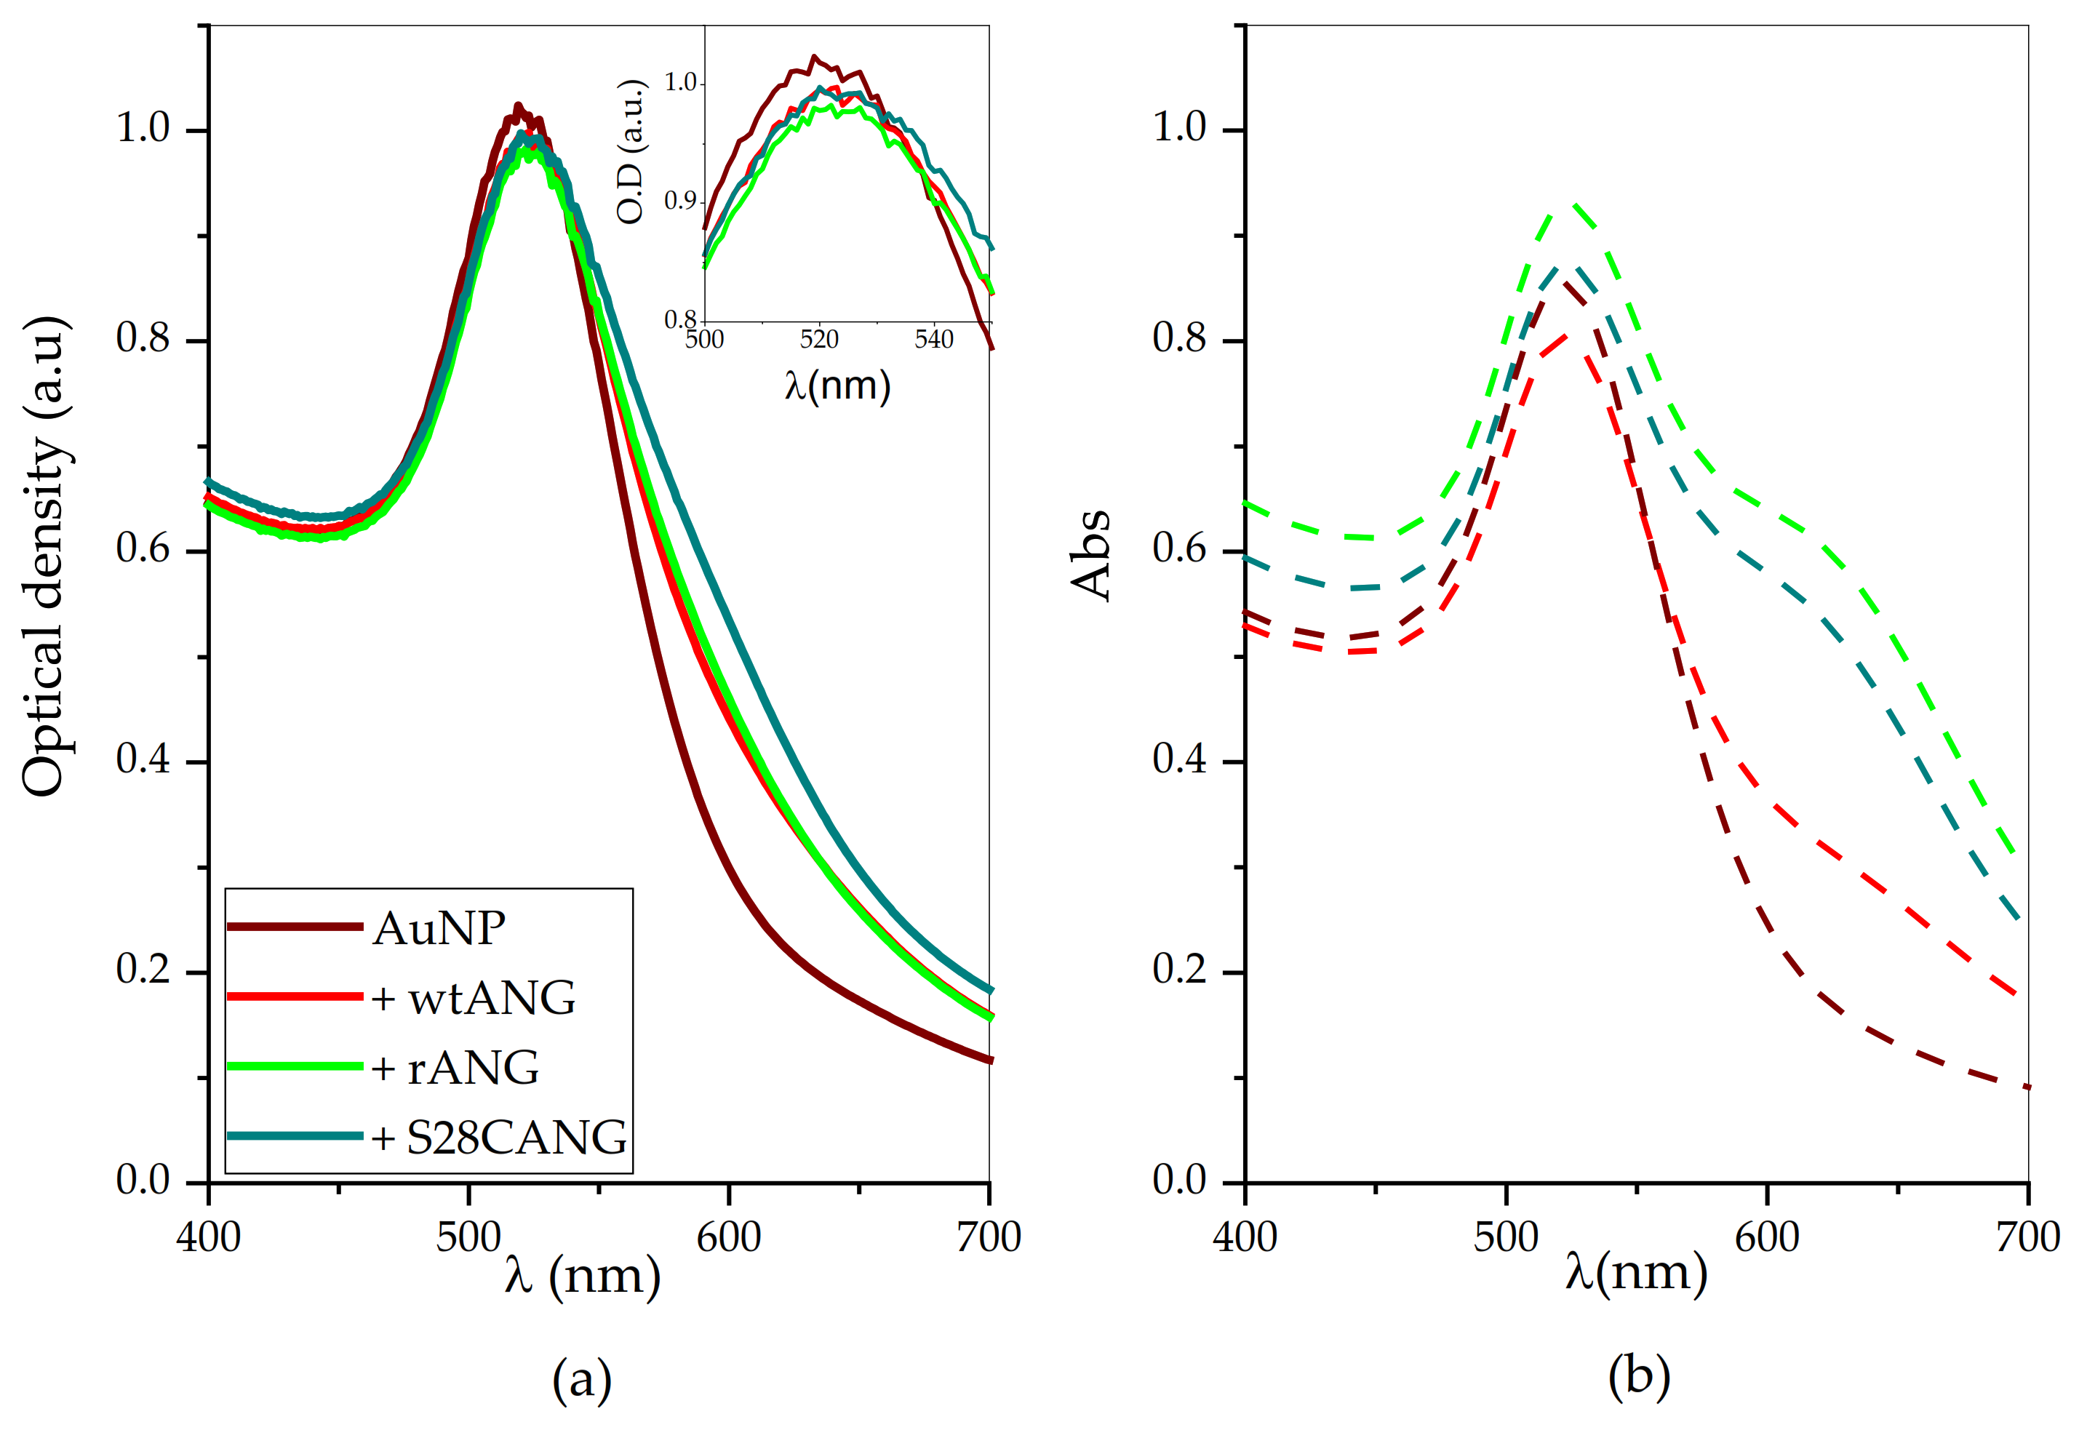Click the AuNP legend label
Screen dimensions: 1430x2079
pos(439,928)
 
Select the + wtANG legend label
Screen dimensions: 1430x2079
pos(474,998)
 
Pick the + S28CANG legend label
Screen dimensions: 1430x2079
pos(499,1138)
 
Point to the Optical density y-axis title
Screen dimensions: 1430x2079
pos(45,556)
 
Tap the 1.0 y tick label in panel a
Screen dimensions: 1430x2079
pos(143,128)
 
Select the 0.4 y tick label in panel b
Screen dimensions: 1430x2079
pos(1179,760)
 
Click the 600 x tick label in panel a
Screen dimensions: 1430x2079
pos(729,1237)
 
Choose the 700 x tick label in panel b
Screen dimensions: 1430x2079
pos(2027,1237)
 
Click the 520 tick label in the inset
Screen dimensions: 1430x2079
pos(819,340)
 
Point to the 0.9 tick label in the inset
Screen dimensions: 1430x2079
pos(681,200)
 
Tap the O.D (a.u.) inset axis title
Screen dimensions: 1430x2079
pos(631,152)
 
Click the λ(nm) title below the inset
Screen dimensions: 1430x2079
pos(838,386)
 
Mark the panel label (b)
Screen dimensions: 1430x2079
pos(1638,1375)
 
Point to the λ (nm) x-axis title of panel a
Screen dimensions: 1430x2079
pos(583,1276)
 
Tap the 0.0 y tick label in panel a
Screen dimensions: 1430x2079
pos(143,1181)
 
